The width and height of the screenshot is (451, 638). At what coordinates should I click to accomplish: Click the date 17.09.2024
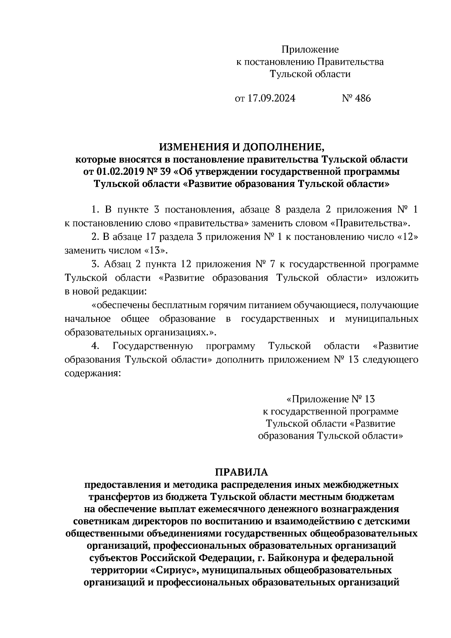271,99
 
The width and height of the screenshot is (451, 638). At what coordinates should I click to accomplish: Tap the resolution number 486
362,99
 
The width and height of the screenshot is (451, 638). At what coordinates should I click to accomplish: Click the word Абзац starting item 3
117,264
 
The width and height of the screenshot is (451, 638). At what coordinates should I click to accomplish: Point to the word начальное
88,319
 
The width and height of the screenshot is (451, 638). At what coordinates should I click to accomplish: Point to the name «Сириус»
174,570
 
